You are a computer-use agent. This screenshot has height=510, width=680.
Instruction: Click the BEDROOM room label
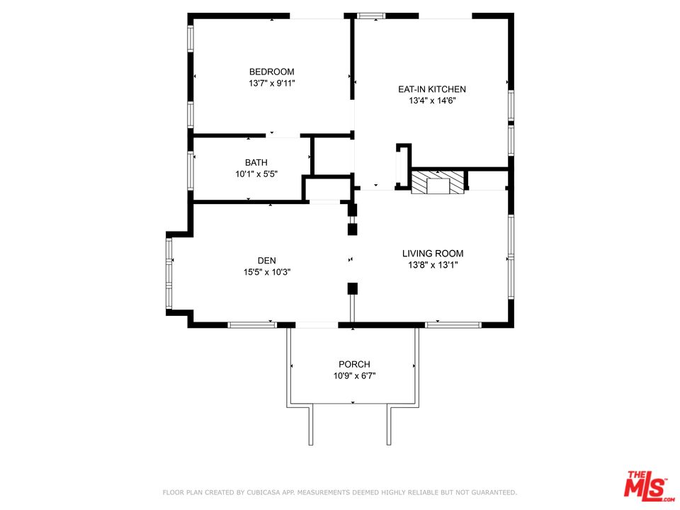tap(271, 72)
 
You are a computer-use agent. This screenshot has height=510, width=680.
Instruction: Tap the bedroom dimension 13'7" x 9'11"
tap(271, 84)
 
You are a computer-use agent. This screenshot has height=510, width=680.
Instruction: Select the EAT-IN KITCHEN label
tap(432, 89)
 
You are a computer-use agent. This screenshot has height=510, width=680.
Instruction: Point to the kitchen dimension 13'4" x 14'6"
tap(432, 101)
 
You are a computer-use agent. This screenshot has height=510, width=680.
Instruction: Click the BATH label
tap(256, 163)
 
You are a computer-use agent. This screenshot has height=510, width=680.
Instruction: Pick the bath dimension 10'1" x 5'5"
tap(256, 174)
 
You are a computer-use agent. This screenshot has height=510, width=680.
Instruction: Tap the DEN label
tap(267, 261)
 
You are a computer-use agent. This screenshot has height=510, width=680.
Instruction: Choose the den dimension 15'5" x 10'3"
tap(267, 272)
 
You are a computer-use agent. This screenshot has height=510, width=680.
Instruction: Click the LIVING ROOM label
tap(433, 254)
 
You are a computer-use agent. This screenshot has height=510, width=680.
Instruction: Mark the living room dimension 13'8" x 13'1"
tap(433, 265)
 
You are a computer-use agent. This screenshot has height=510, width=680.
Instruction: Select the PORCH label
tap(354, 364)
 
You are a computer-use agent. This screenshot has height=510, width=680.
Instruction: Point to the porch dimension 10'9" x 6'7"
tap(354, 376)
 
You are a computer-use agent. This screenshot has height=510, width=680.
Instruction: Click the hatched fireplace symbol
tap(438, 182)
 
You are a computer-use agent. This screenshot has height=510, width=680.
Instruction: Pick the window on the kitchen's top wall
tap(371, 16)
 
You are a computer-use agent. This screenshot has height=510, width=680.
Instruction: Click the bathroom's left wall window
tap(191, 170)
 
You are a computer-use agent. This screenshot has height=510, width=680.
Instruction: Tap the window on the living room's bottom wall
tap(453, 325)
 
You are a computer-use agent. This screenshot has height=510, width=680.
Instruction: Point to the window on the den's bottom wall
tap(252, 325)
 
